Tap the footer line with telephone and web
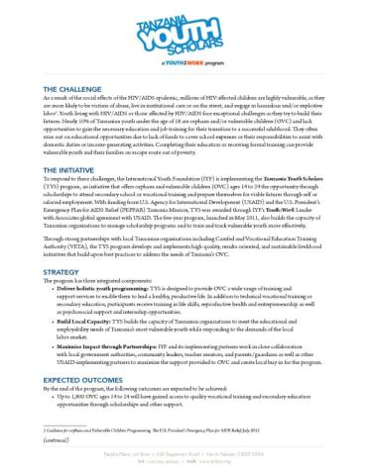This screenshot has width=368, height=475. click(184, 462)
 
